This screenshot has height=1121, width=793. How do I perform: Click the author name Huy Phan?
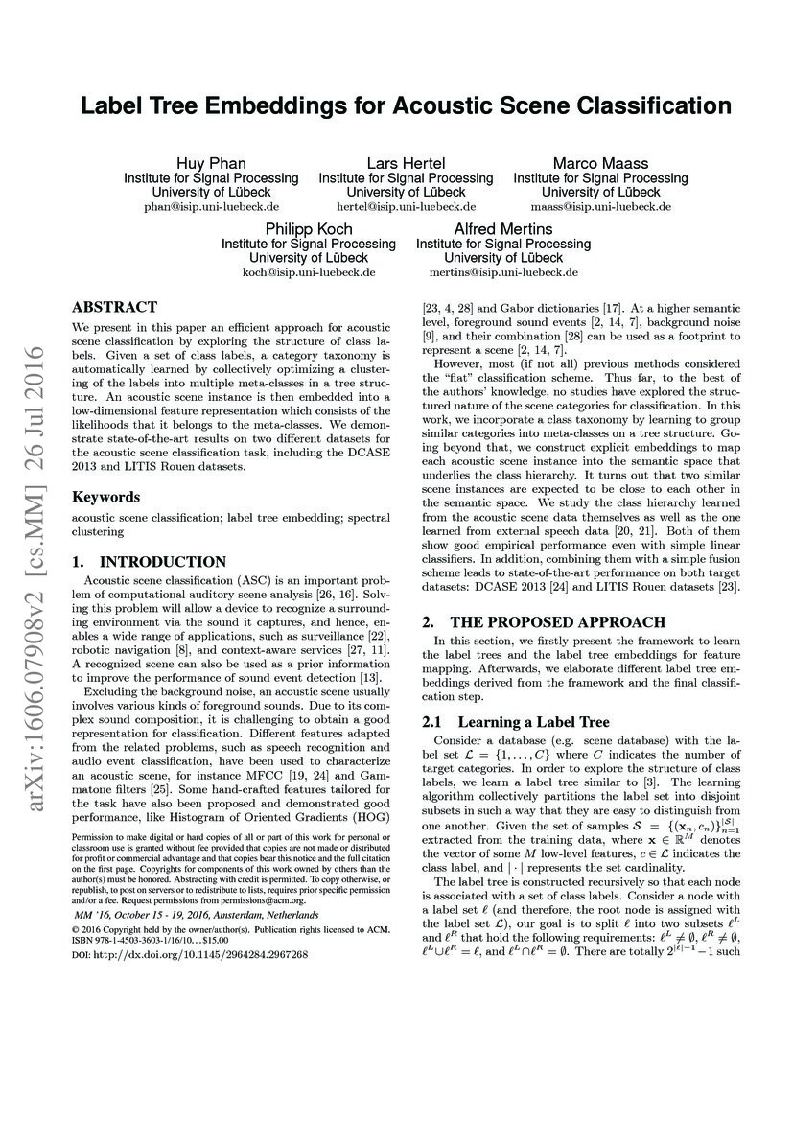[211, 163]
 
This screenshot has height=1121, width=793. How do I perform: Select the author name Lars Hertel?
[406, 163]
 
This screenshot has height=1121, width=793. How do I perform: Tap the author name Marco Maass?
[600, 163]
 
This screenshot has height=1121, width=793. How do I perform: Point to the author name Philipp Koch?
[308, 229]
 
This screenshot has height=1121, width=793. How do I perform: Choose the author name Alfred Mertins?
[502, 229]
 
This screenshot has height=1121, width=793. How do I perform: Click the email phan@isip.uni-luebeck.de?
[211, 206]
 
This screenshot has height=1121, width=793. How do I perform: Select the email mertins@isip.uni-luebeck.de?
[502, 272]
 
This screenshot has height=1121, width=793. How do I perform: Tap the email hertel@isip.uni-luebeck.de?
[406, 206]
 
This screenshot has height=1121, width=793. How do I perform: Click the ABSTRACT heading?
[114, 308]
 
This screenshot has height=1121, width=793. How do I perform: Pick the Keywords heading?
[107, 497]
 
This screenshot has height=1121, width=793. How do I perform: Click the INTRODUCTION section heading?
[150, 562]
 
